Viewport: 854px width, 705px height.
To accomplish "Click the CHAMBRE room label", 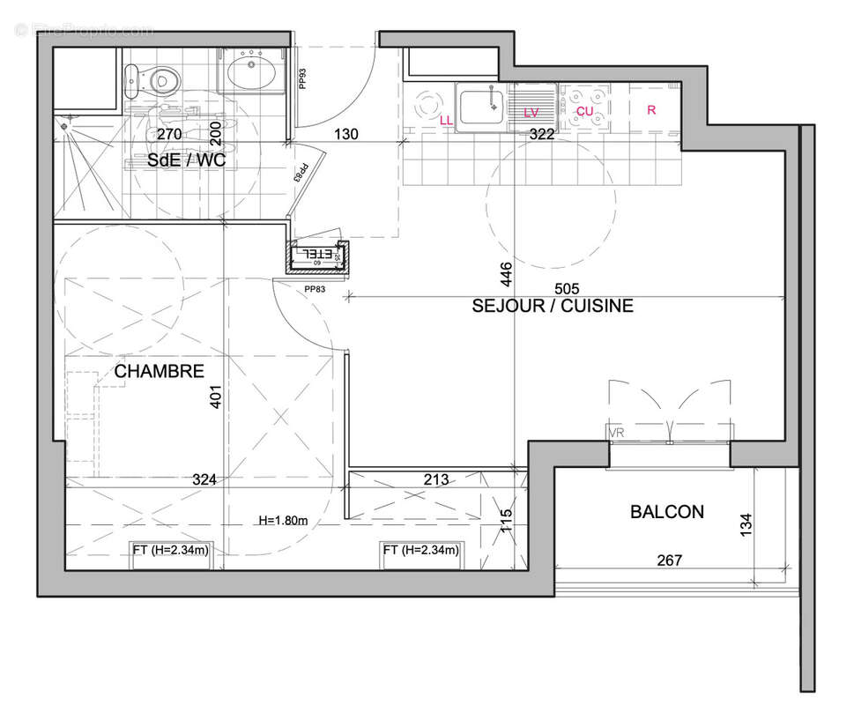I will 160,372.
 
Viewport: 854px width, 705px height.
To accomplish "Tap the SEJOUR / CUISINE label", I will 553,307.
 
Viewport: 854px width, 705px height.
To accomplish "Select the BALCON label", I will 666,512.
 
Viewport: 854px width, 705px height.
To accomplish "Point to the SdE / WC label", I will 186,161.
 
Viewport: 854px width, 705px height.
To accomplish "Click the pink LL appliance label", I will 446,119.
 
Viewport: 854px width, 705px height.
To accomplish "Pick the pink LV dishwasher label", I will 531,112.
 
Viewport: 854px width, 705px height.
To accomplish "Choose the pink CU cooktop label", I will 585,111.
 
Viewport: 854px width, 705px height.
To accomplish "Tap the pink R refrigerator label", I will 651,110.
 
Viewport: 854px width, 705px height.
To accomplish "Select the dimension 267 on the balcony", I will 669,560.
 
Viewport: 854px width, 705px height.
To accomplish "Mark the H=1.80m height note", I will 283,520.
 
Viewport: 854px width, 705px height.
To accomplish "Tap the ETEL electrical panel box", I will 318,256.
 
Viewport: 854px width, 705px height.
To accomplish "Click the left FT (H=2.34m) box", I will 171,551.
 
